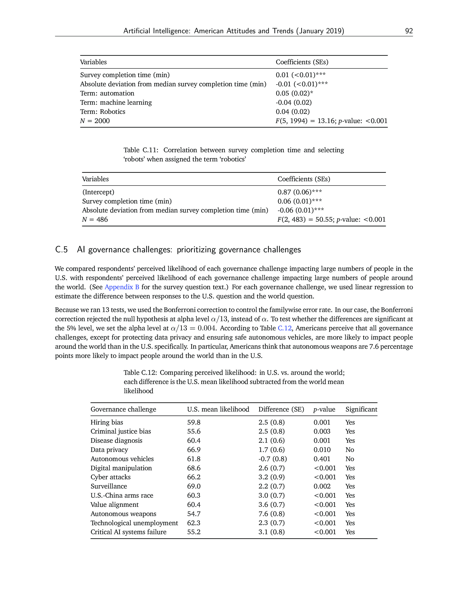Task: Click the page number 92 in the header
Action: (409, 31)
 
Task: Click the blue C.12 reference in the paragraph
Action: (285, 328)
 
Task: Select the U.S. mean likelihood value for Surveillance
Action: (194, 486)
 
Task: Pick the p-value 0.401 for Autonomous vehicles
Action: (322, 459)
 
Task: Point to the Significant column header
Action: (361, 409)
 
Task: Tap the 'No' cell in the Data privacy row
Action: (350, 450)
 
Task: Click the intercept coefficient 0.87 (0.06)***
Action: (300, 192)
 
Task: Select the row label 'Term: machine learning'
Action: (116, 102)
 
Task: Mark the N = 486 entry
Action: (95, 219)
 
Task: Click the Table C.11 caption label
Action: (141, 150)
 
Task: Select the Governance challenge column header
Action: (123, 409)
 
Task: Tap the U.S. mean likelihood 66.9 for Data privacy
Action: (194, 450)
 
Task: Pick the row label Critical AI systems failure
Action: (128, 532)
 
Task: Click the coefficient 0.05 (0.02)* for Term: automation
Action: (294, 93)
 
